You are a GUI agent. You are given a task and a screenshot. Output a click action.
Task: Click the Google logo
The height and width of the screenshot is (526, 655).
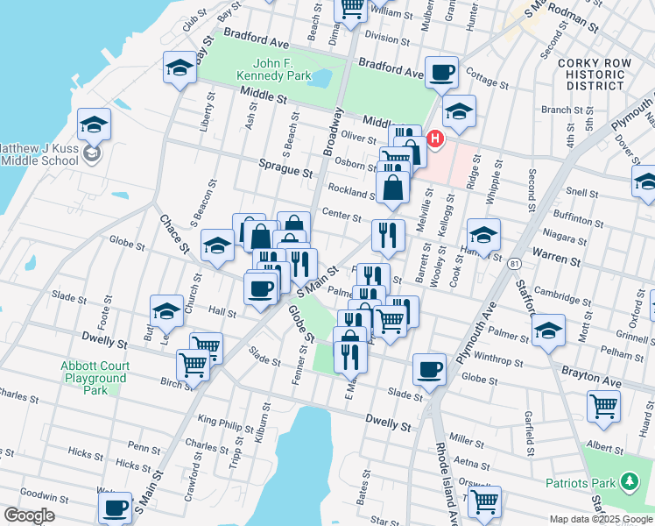[x=29, y=515]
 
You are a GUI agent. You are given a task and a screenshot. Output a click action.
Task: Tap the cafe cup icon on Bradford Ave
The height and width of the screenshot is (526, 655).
[x=442, y=72]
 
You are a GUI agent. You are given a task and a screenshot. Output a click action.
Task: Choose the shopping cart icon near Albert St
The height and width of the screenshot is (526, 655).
[x=603, y=406]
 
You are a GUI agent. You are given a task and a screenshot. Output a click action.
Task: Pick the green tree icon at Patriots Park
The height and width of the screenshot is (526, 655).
[x=627, y=481]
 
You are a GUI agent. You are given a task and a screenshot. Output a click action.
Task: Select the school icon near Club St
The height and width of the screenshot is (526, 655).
[x=180, y=68]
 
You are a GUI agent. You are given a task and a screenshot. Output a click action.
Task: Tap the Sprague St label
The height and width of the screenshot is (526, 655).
[x=285, y=164]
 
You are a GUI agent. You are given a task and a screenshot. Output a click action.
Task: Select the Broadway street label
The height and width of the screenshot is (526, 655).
[x=334, y=133]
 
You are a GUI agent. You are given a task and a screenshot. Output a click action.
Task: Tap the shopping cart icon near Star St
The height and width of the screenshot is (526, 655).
[x=484, y=501]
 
